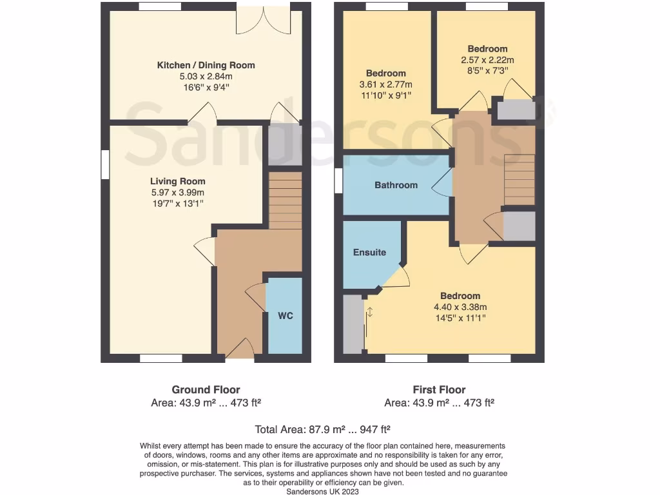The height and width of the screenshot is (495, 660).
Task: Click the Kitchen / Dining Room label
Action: tap(206, 65)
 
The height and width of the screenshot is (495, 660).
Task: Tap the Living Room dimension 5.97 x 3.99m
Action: tap(178, 193)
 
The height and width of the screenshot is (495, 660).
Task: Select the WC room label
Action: tap(285, 316)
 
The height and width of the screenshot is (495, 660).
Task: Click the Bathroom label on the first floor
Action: tap(396, 185)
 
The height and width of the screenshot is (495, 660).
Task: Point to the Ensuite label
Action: tap(369, 252)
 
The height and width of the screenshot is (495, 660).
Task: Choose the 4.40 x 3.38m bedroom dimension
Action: tap(460, 307)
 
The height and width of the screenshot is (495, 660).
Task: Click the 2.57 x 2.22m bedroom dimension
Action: tap(487, 60)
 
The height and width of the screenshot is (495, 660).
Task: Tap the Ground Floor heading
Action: tap(206, 389)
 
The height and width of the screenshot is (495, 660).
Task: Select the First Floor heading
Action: tap(439, 389)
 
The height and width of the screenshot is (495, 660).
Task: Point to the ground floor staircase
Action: tap(285, 200)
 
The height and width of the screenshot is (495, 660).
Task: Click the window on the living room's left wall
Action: tap(104, 164)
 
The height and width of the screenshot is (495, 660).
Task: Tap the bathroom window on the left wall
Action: tap(338, 180)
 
